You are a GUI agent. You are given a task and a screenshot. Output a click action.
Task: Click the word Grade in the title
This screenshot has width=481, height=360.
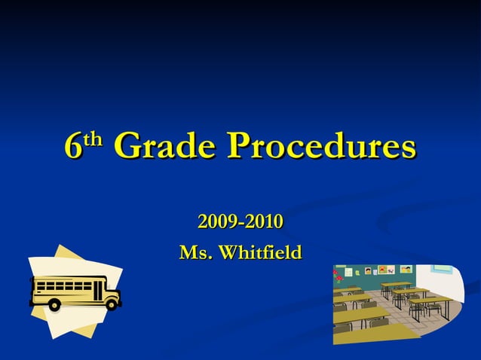[x=165, y=145]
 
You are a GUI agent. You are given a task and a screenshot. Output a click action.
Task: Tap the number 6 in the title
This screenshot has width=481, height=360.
[x=73, y=146]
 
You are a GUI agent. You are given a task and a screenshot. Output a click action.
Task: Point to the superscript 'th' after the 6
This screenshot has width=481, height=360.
[x=93, y=139]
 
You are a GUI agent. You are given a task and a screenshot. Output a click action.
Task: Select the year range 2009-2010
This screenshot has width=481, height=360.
[x=240, y=222]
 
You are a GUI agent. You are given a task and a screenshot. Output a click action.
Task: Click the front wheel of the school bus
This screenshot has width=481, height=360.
[x=112, y=304]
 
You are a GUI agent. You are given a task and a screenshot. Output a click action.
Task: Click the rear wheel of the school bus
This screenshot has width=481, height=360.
[x=54, y=304]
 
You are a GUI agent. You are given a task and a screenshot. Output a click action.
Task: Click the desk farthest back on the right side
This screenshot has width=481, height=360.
[x=396, y=285]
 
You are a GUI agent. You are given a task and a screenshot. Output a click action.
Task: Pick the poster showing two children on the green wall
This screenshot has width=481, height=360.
[x=406, y=269]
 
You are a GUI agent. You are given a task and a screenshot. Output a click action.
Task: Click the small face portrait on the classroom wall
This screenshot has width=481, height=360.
[x=368, y=270]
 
